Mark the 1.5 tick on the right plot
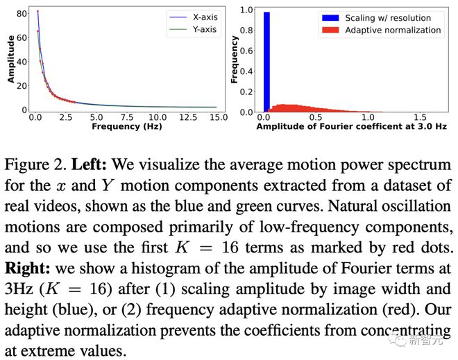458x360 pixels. (x=421, y=119)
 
